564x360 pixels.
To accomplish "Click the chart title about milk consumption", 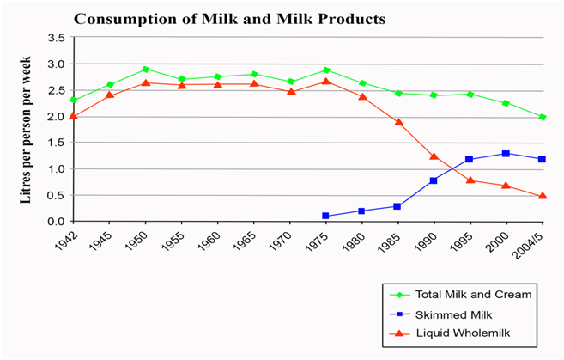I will [x=230, y=18].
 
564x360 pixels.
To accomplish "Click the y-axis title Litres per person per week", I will [x=26, y=130].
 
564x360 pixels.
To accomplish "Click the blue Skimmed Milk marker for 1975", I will [x=325, y=216].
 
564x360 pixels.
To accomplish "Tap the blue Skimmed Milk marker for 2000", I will [x=506, y=154].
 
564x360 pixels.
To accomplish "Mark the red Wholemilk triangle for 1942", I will [x=73, y=116].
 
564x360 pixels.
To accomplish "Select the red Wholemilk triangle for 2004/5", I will [x=542, y=196].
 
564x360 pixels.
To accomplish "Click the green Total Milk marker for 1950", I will [x=145, y=70].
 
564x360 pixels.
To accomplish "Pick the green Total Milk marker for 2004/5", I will [x=542, y=117].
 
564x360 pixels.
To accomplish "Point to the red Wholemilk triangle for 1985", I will [x=397, y=122].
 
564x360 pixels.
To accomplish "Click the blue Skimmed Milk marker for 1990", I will [x=434, y=180].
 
